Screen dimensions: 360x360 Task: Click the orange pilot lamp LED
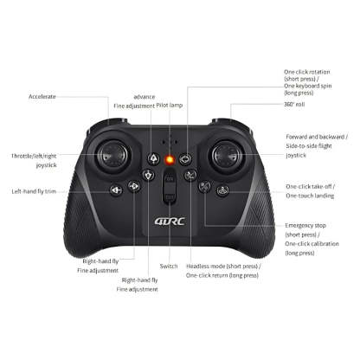pos(170,159)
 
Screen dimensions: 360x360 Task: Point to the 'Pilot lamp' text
pos(170,105)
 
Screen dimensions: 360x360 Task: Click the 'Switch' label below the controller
pos(170,266)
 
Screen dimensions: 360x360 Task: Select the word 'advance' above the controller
pos(144,96)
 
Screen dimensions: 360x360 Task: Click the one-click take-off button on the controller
pos(223,190)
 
